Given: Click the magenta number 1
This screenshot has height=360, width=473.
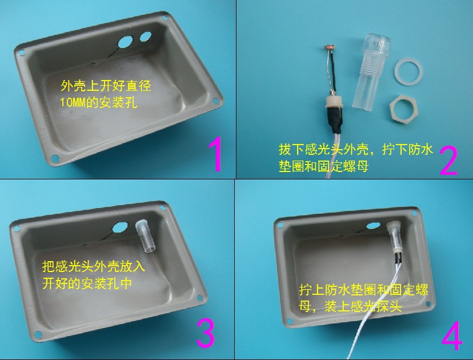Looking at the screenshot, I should point(215,154).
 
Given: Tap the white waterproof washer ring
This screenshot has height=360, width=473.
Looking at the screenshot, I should point(409,73).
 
